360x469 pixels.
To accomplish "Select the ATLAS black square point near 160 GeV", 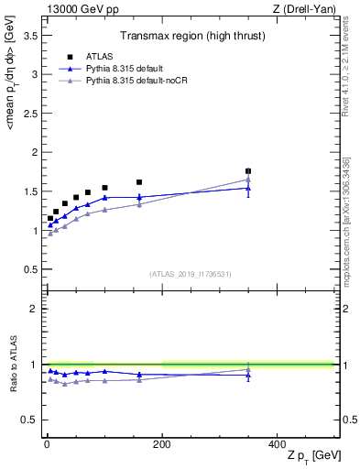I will pos(139,182).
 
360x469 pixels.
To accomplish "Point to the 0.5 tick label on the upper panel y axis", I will pos(30,269).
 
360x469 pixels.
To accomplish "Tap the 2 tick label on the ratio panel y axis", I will pos(35,309).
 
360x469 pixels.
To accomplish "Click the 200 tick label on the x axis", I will pos(162,443).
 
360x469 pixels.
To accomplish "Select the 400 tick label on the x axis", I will pos(277,443).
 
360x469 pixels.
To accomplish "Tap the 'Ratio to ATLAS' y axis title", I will pos(12,365).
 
